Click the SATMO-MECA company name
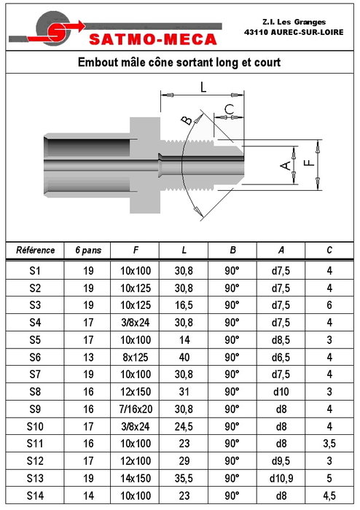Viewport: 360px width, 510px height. click(x=153, y=39)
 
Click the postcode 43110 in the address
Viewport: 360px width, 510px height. click(x=257, y=32)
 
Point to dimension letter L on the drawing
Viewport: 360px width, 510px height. click(x=203, y=87)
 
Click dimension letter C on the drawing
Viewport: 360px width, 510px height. click(x=230, y=109)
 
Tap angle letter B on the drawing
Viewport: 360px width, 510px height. click(x=187, y=121)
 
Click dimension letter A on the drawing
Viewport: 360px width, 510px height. click(x=286, y=165)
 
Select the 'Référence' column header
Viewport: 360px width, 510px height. click(x=35, y=250)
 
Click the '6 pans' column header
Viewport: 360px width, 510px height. click(x=88, y=251)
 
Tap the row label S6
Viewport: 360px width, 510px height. click(x=35, y=357)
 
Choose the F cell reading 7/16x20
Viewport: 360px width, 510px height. click(x=136, y=409)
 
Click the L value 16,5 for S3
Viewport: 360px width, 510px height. click(x=184, y=305)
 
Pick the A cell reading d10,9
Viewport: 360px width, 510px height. click(x=281, y=478)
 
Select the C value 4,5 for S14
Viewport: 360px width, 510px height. click(x=329, y=495)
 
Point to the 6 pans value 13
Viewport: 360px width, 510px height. click(x=88, y=357)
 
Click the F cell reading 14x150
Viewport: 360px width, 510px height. click(x=136, y=478)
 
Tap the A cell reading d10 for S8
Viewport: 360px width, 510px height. click(x=281, y=392)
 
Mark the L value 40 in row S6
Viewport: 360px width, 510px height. click(x=184, y=357)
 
